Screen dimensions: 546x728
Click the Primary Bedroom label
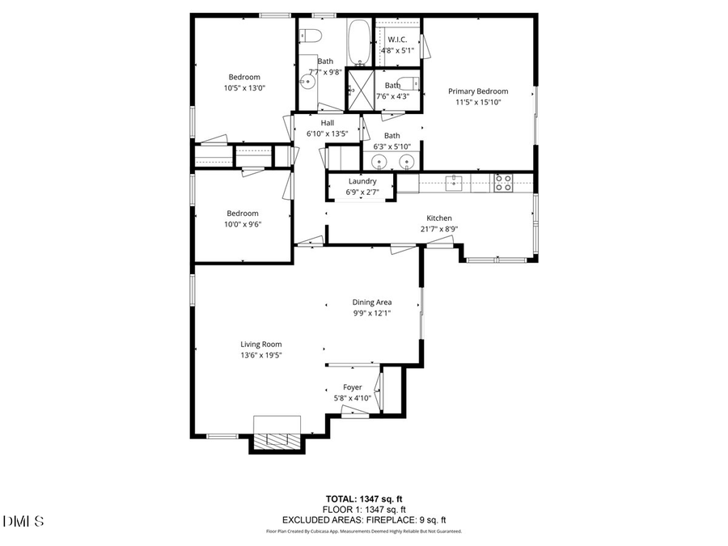coord(478,91)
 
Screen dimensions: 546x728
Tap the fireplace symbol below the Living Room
coord(277,439)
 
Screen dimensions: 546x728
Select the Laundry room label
coord(362,181)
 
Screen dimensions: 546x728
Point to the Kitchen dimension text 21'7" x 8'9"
coord(439,229)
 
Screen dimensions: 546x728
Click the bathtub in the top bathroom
coord(358,41)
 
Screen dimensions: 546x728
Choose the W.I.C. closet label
coord(396,40)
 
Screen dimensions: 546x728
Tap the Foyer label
coord(352,387)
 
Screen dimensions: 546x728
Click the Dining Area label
coord(371,302)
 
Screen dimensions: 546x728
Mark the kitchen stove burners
coord(503,183)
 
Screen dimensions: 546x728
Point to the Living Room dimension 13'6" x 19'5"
coord(260,354)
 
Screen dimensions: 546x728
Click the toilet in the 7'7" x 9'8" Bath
coord(311,36)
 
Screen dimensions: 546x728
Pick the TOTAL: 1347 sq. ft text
coord(364,498)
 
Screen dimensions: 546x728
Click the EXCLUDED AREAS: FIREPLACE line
coord(364,520)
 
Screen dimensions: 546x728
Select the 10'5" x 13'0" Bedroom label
coord(243,77)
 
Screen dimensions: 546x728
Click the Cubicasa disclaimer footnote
coord(364,531)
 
